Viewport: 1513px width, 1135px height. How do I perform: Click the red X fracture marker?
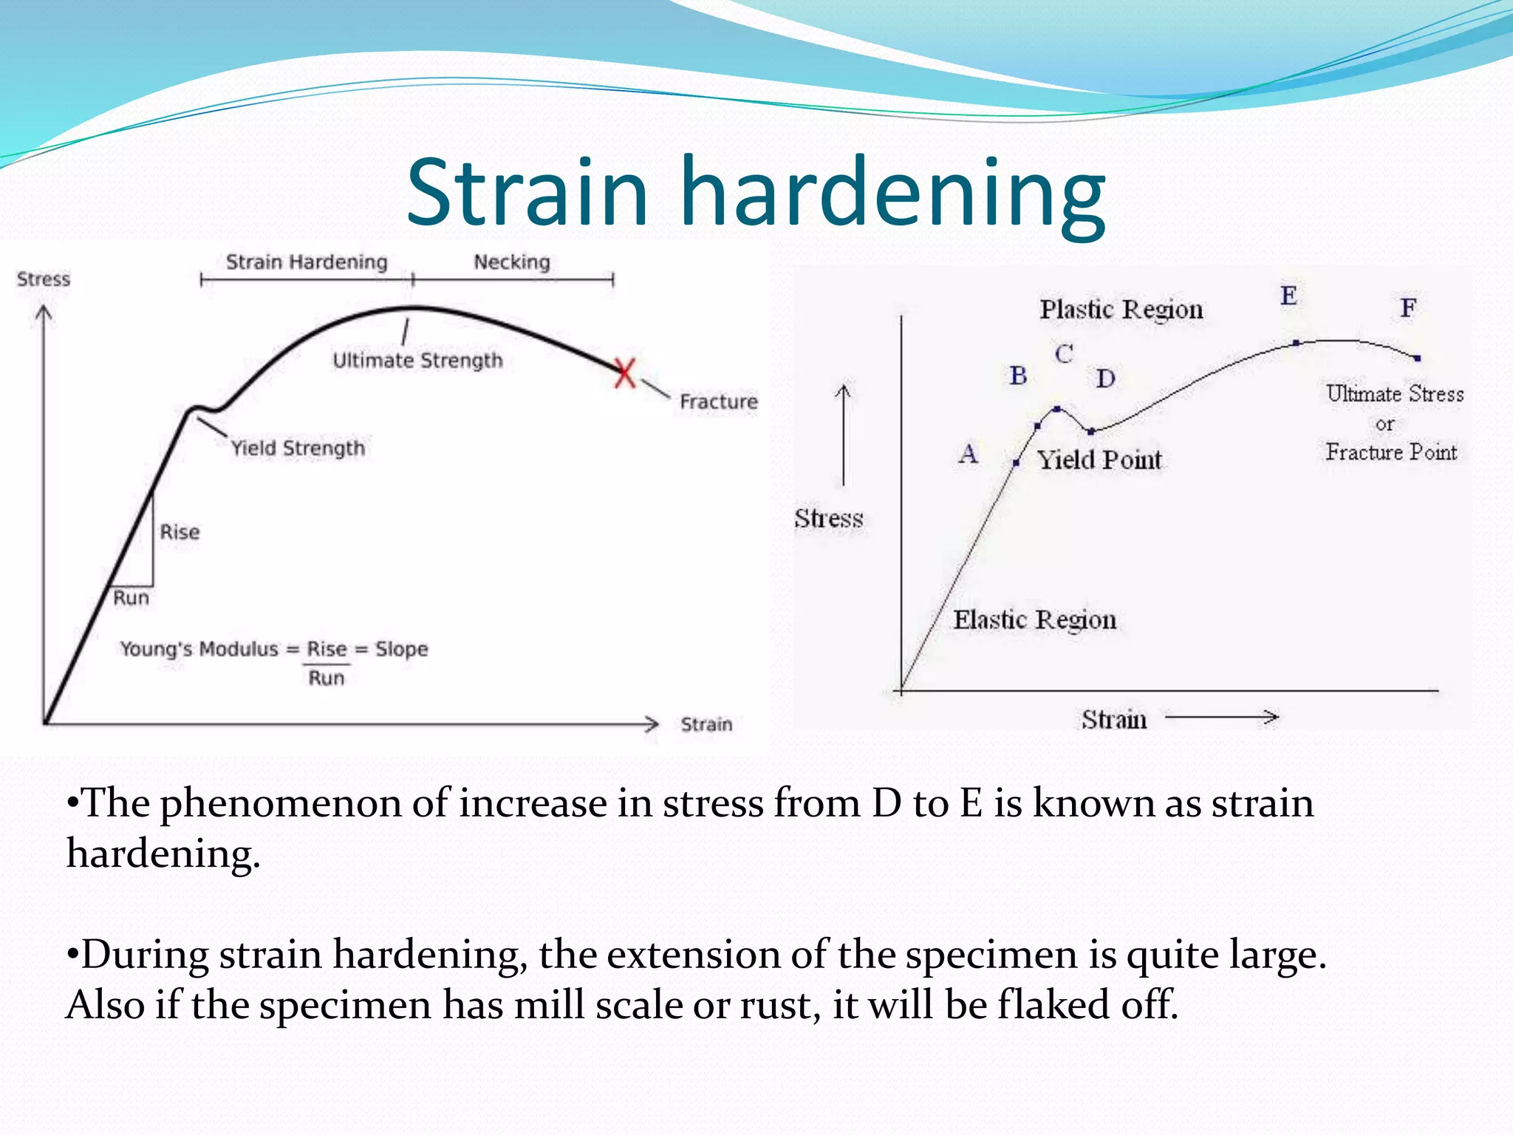pos(625,373)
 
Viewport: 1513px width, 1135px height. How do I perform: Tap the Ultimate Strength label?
pos(417,361)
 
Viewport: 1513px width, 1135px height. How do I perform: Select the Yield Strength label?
pos(298,448)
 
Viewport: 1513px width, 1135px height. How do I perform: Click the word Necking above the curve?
pos(512,262)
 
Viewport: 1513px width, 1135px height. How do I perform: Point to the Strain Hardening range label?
pos(307,262)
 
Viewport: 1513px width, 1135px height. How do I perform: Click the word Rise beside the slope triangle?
pos(180,532)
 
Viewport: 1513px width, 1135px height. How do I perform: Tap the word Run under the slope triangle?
pos(132,598)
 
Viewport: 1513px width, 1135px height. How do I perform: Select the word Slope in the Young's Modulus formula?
pos(402,649)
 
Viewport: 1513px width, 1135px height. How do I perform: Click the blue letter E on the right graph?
pos(1288,296)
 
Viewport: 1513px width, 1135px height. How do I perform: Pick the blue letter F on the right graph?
pos(1408,307)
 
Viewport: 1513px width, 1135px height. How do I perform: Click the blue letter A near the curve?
pos(969,453)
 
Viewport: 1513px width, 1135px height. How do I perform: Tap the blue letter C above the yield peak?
pos(1064,354)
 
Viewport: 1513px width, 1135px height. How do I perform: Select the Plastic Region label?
pos(1121,309)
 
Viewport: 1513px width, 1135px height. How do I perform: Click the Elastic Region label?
pos(1034,619)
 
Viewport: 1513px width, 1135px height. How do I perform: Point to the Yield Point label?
pos(1099,460)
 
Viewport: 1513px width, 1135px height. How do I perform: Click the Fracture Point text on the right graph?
pos(1391,451)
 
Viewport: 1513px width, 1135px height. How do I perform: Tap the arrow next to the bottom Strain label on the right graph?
pos(1222,717)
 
